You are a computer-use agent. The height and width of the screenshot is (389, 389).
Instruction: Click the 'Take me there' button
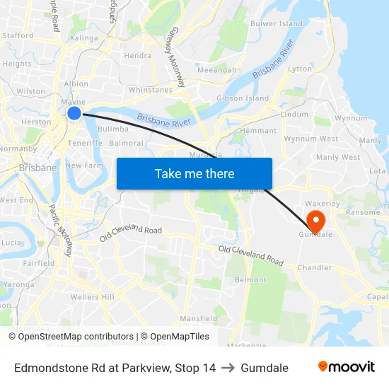[194, 173]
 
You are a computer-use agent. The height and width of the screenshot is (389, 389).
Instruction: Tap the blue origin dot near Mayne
[74, 113]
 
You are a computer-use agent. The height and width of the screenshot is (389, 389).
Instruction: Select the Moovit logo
[347, 367]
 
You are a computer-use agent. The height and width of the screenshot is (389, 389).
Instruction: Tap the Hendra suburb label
[137, 55]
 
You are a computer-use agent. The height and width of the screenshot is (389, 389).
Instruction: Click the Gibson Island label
[243, 98]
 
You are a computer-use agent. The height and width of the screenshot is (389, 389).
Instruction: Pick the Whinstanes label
[150, 90]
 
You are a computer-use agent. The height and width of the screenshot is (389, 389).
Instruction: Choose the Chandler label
[315, 268]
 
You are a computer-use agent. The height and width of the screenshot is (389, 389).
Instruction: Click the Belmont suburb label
[250, 280]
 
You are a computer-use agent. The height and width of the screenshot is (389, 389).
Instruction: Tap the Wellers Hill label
[92, 297]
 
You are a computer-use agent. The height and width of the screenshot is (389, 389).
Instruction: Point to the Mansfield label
[198, 319]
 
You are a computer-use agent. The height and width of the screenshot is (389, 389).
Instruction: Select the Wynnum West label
[311, 139]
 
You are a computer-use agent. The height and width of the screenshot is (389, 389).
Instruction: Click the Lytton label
[300, 69]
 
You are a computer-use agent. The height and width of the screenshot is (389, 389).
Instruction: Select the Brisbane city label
[37, 168]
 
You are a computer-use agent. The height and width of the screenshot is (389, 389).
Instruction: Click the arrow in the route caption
[228, 368]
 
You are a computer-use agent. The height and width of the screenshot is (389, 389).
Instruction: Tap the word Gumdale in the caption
[265, 368]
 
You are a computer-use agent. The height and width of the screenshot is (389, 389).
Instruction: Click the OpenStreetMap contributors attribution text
[76, 337]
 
